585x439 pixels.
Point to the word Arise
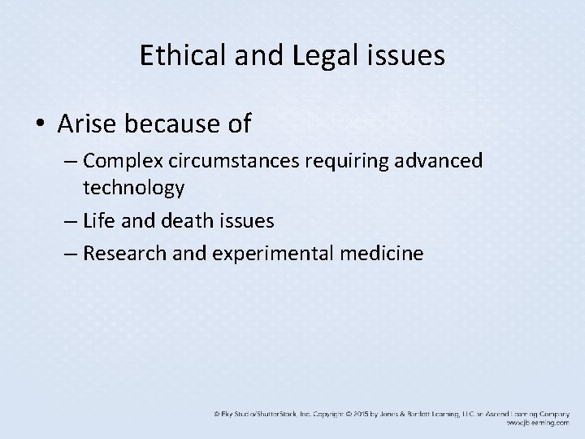tap(85, 124)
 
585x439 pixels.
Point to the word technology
tap(133, 188)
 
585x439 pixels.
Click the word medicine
tap(383, 253)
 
